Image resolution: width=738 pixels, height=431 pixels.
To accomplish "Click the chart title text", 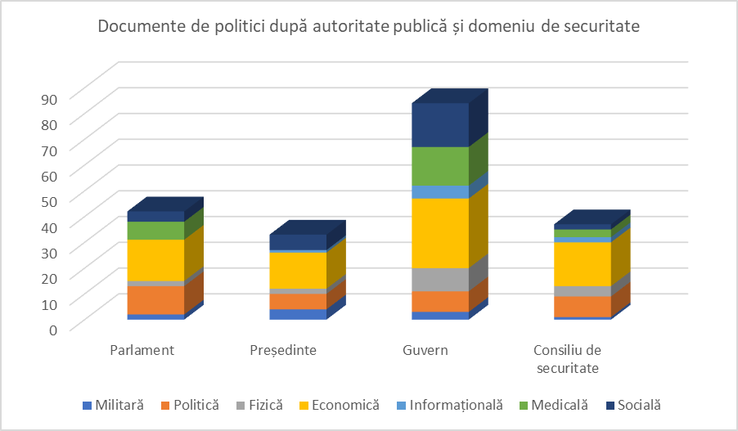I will pyautogui.click(x=368, y=26).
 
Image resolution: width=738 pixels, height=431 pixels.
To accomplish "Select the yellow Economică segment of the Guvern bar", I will pyautogui.click(x=440, y=233).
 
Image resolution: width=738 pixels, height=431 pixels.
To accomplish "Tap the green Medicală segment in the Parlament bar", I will pyautogui.click(x=155, y=231).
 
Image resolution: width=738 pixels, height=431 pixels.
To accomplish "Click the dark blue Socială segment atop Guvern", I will pyautogui.click(x=440, y=125).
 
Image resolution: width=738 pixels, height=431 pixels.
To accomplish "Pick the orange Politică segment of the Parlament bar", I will pyautogui.click(x=155, y=299).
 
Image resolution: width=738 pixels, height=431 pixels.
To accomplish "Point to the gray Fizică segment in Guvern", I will pyautogui.click(x=440, y=279).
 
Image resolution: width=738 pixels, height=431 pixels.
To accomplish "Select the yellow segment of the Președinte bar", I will pyautogui.click(x=298, y=270).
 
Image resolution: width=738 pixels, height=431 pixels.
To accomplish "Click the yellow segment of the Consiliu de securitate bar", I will pyautogui.click(x=583, y=263).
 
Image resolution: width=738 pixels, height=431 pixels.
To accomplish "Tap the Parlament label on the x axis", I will pyautogui.click(x=142, y=351).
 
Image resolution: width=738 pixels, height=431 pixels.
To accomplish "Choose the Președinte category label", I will pyautogui.click(x=283, y=351).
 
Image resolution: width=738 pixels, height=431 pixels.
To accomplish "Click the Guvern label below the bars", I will pyautogui.click(x=425, y=351).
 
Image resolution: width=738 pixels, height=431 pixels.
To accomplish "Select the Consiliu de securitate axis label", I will pyautogui.click(x=568, y=359).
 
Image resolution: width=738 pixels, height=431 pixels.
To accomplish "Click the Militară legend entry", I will pyautogui.click(x=113, y=405).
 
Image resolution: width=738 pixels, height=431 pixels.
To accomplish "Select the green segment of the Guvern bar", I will pyautogui.click(x=440, y=166).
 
